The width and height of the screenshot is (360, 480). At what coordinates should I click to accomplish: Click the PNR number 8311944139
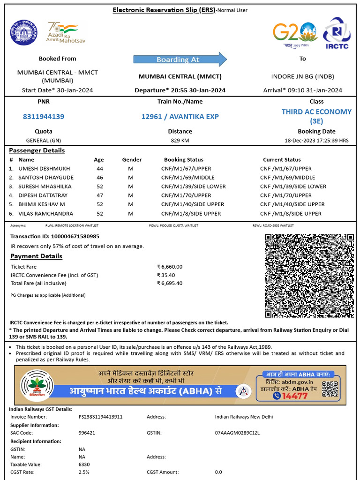point(44,116)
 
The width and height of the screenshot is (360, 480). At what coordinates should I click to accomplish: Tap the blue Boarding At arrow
point(180,60)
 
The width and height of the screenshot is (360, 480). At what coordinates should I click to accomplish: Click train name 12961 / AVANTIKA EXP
point(180,116)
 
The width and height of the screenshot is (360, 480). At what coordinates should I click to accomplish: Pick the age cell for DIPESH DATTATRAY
point(99,195)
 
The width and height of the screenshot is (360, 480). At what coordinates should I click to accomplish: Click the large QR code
point(309,275)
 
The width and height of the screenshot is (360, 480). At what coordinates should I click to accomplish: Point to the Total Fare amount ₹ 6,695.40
point(170,283)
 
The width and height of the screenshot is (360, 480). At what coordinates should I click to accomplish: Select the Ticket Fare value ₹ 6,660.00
point(170,267)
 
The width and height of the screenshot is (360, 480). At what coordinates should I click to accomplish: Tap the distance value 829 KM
point(180,140)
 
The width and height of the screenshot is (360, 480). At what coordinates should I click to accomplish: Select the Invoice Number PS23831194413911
point(100,417)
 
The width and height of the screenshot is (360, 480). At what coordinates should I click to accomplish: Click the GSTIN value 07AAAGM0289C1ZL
point(237,433)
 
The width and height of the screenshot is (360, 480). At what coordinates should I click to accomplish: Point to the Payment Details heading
point(36,256)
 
